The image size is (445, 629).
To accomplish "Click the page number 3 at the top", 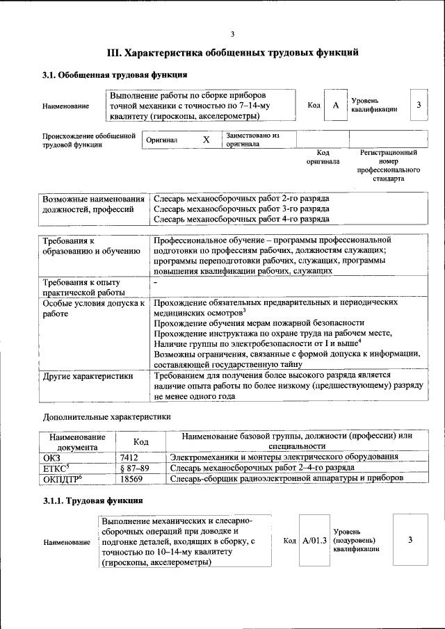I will tap(233, 34).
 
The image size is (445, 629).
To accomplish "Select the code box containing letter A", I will tap(335, 105).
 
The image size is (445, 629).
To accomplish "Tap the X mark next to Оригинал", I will tap(206, 140).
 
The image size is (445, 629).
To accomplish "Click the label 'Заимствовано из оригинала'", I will tap(251, 140).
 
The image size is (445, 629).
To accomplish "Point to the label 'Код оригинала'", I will tap(323, 156).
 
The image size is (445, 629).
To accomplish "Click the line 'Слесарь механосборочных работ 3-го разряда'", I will tap(241, 209).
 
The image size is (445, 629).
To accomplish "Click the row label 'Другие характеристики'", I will tap(88, 376).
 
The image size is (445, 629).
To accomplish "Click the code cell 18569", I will tap(131, 479).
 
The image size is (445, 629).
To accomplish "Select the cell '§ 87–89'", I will tap(134, 468).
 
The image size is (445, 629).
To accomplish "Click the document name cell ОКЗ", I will tap(52, 457).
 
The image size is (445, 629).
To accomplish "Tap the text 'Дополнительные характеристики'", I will tap(106, 417).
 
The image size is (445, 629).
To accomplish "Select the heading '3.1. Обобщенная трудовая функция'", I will tap(114, 75).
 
